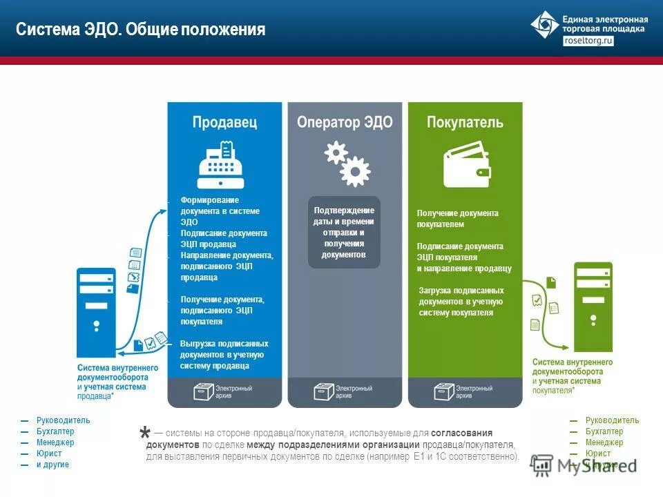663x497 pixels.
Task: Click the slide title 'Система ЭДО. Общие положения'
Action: pyautogui.click(x=141, y=30)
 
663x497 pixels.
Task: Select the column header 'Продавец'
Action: pyautogui.click(x=224, y=122)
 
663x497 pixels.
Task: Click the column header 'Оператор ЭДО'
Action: pyautogui.click(x=345, y=122)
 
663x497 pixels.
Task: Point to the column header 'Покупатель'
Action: pyautogui.click(x=465, y=122)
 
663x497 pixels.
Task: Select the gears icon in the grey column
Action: pyautogui.click(x=347, y=164)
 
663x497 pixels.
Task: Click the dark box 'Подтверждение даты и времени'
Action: pyautogui.click(x=344, y=233)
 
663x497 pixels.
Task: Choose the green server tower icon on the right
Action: pyautogui.click(x=593, y=307)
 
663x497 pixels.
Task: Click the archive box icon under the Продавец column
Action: pyautogui.click(x=204, y=392)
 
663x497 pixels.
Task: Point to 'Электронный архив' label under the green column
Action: pyautogui.click(x=474, y=392)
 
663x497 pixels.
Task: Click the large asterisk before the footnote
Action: pyautogui.click(x=144, y=434)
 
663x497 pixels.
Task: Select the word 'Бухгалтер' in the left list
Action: pyautogui.click(x=55, y=431)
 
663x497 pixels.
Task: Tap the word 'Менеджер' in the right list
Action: pyautogui.click(x=604, y=442)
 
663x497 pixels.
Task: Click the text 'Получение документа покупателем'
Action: pyautogui.click(x=457, y=219)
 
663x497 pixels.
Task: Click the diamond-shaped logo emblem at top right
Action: pyautogui.click(x=545, y=25)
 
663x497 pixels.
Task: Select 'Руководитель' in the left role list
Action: pyautogui.click(x=63, y=420)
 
